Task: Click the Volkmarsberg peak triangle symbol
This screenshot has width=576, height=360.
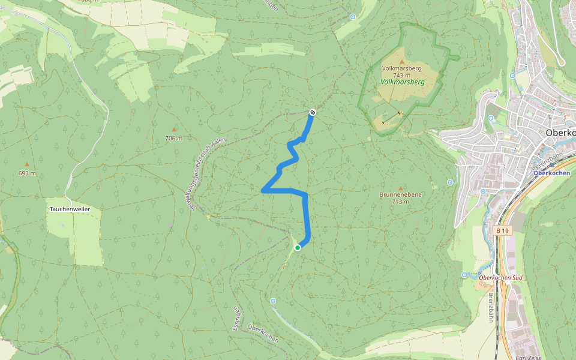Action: [x=402, y=62]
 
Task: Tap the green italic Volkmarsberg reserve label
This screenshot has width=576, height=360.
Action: [x=402, y=82]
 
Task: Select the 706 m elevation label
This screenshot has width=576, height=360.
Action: [x=173, y=138]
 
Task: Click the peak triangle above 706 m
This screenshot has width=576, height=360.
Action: [x=174, y=130]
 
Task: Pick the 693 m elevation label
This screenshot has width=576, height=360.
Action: [x=27, y=173]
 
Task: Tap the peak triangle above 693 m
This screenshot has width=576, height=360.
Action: [x=27, y=164]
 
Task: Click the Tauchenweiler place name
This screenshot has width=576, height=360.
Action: [x=70, y=209]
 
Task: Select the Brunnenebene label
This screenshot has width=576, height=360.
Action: [x=401, y=195]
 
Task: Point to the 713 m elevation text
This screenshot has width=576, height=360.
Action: [x=401, y=202]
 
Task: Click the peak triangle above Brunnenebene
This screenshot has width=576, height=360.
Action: [x=401, y=188]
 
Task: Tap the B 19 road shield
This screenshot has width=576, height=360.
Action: [x=503, y=230]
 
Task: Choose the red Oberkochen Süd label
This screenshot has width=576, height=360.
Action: [x=502, y=277]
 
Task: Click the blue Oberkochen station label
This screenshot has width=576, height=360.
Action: [x=551, y=173]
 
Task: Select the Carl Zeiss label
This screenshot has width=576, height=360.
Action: [x=528, y=357]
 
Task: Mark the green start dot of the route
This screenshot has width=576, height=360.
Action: [x=298, y=247]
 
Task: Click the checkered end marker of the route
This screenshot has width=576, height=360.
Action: [x=313, y=112]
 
